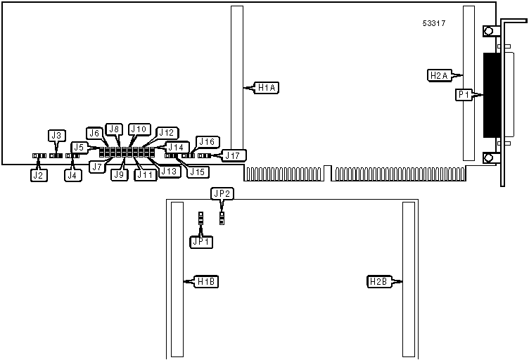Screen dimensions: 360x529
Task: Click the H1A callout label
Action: (x=267, y=88)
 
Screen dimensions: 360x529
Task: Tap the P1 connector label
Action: (x=464, y=94)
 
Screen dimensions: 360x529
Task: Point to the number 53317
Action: (x=433, y=23)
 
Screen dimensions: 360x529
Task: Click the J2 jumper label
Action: (x=39, y=176)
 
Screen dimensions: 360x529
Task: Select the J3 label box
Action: (x=57, y=135)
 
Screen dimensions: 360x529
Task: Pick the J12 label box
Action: (x=167, y=132)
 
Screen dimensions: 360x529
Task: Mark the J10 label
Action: (x=139, y=129)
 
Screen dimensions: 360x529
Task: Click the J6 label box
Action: (x=95, y=133)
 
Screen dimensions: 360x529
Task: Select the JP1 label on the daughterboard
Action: (x=201, y=241)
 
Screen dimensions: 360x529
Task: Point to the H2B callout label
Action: (x=379, y=282)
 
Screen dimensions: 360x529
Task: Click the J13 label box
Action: (x=169, y=171)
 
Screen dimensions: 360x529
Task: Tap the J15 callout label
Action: (x=197, y=172)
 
